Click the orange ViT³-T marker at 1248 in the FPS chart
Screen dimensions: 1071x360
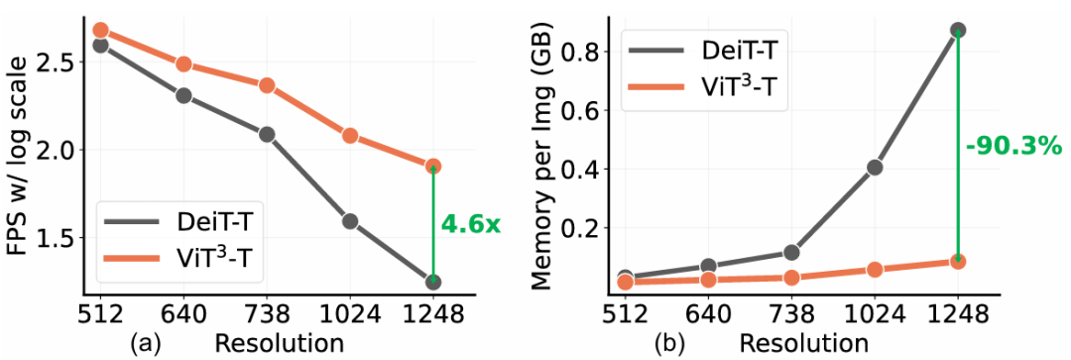coord(433,166)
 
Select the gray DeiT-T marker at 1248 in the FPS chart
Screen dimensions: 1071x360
coord(433,282)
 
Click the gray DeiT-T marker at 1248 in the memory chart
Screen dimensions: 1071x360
coord(958,30)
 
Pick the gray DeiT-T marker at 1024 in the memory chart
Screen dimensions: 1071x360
coord(875,168)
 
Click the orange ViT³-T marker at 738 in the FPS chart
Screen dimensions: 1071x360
coord(267,85)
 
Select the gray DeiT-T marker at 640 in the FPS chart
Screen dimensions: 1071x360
coord(183,95)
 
